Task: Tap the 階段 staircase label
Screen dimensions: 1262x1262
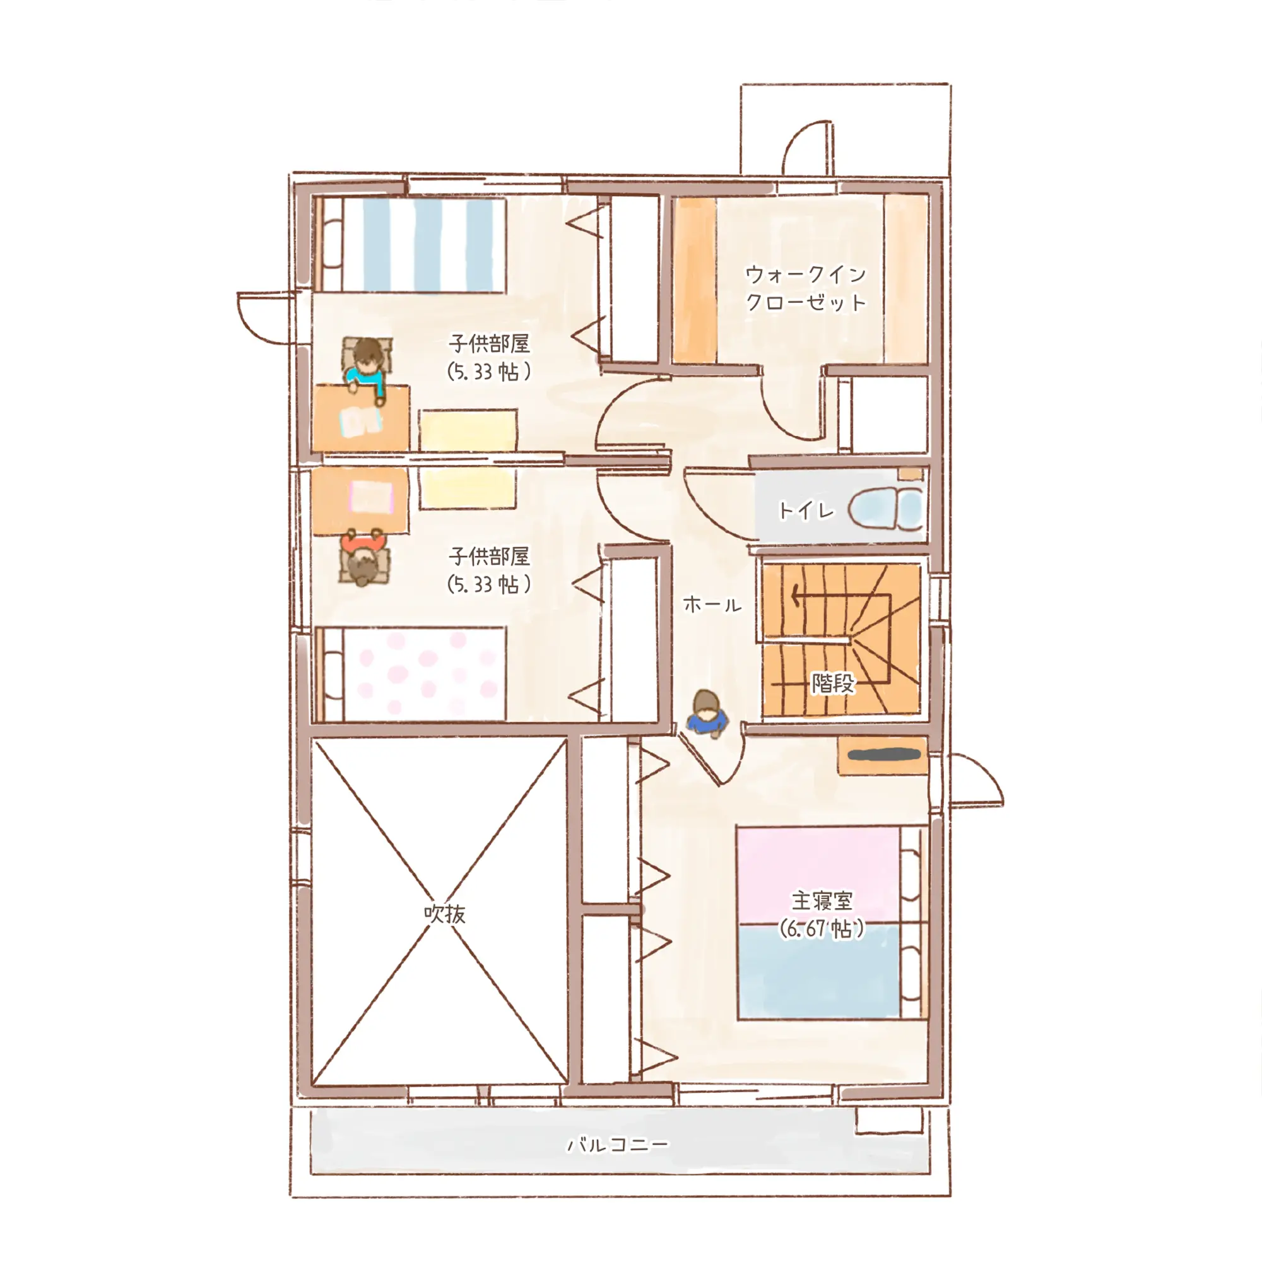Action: click(x=833, y=683)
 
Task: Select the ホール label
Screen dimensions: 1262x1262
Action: click(x=712, y=604)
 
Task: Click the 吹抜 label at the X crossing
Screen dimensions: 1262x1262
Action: click(x=444, y=914)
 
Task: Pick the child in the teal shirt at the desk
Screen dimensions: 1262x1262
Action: click(x=366, y=367)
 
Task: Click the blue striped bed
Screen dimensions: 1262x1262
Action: click(x=410, y=245)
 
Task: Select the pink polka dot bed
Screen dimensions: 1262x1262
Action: click(x=410, y=674)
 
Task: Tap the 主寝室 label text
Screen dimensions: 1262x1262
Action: click(x=822, y=901)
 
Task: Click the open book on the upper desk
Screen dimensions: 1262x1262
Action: click(x=360, y=422)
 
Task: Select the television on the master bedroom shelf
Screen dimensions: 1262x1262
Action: click(x=884, y=755)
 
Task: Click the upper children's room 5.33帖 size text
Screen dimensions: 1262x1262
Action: click(x=488, y=372)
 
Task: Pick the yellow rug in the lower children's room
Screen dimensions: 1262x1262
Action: click(x=468, y=488)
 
